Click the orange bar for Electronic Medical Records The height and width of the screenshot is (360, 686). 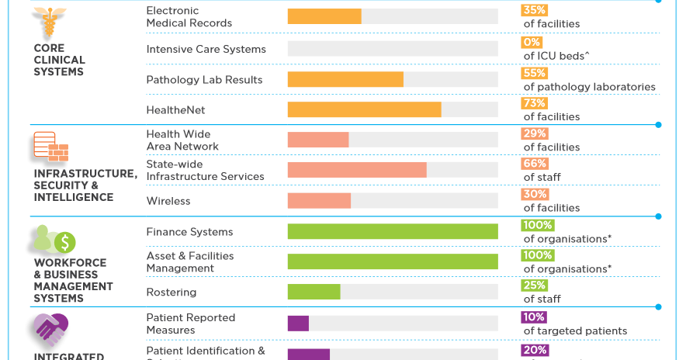(324, 16)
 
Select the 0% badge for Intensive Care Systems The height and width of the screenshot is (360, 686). (532, 42)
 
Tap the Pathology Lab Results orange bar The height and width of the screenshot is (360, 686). (345, 79)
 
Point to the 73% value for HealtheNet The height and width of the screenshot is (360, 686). (535, 103)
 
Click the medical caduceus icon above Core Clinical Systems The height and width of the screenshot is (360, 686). (50, 23)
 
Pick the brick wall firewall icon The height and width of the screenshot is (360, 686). (50, 147)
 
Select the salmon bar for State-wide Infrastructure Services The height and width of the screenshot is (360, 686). (357, 170)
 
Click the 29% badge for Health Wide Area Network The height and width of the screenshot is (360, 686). (535, 133)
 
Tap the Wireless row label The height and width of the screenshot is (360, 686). (168, 201)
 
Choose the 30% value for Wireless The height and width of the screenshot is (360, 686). (535, 194)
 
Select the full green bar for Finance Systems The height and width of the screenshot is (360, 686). (393, 231)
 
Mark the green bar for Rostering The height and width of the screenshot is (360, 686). (314, 292)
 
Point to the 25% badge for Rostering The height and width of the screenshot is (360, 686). (535, 286)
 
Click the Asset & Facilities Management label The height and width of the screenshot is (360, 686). (190, 262)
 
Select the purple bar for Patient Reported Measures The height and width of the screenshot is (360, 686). (298, 324)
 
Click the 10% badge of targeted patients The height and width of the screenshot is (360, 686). (535, 317)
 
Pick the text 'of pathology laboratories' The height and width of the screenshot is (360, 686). (589, 87)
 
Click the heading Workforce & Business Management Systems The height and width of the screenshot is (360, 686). (73, 280)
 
